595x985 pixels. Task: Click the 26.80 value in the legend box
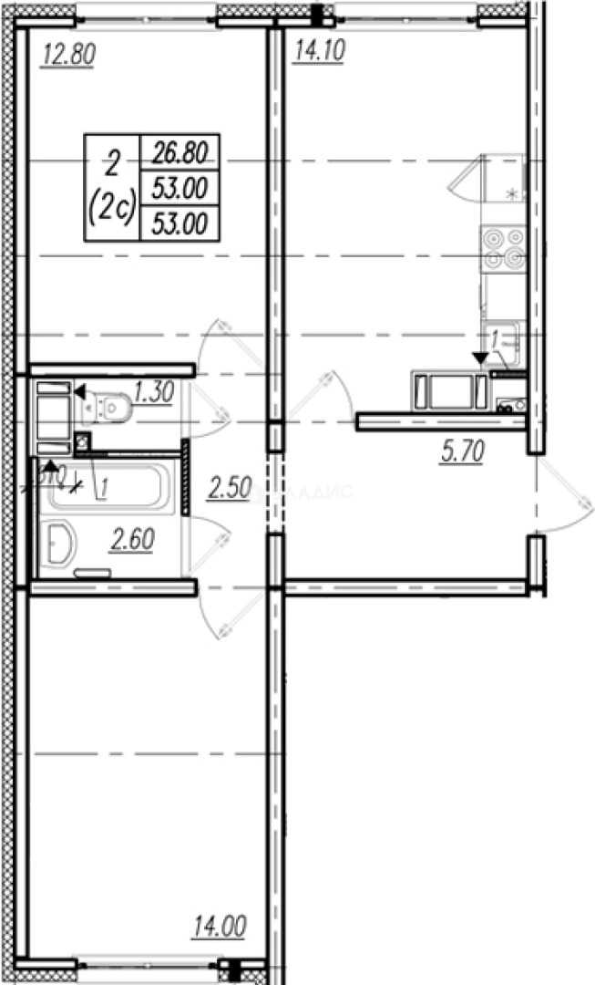pyautogui.click(x=180, y=151)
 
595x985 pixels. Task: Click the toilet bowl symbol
pyautogui.click(x=110, y=407)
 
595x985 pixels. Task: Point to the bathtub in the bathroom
pyautogui.click(x=106, y=487)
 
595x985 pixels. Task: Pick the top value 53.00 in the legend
pyautogui.click(x=180, y=187)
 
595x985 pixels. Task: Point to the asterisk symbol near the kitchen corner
pyautogui.click(x=511, y=193)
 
